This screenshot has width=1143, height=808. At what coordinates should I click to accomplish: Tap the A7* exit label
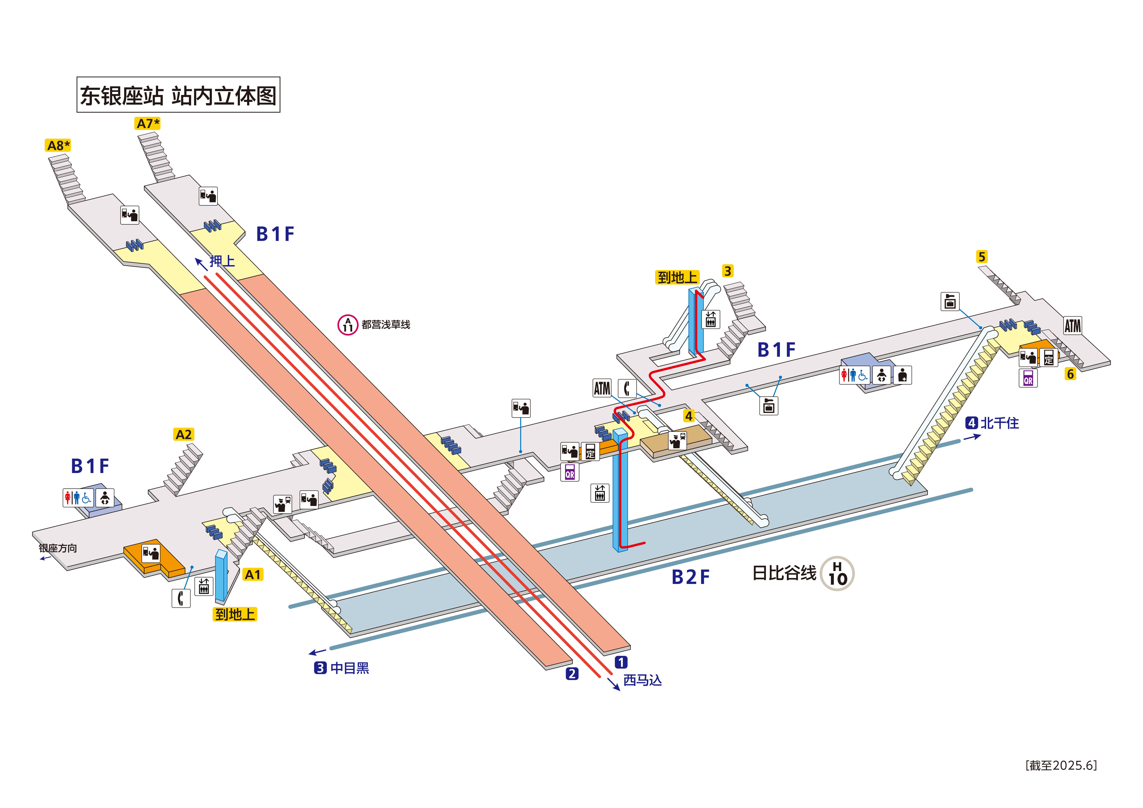click(147, 123)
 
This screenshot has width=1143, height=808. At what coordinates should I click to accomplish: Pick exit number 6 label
click(1070, 374)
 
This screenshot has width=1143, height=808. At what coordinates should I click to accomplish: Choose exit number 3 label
click(727, 271)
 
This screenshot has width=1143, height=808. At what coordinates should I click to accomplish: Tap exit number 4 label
click(688, 416)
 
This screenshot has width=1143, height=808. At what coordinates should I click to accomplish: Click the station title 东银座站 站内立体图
click(178, 95)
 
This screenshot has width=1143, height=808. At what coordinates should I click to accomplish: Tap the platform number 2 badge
click(572, 674)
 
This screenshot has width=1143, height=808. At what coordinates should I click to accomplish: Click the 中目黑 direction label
click(349, 668)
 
